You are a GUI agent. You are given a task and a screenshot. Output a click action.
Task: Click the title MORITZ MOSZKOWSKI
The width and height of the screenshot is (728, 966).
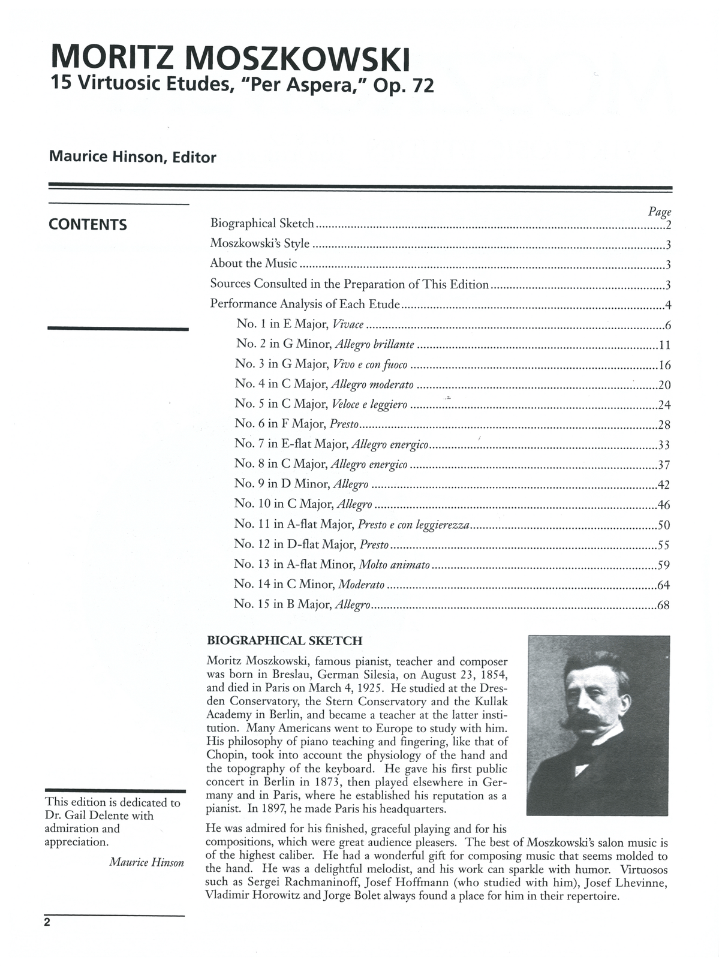(x=231, y=59)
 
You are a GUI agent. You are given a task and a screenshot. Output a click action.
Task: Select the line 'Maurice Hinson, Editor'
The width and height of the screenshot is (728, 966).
(x=133, y=158)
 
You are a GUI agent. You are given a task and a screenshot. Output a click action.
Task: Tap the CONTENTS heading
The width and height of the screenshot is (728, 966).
(x=88, y=225)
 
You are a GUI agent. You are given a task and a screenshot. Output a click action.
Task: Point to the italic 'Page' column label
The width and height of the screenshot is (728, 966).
(x=660, y=211)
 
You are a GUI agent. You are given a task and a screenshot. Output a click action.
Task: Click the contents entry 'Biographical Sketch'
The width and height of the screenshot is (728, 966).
(x=262, y=224)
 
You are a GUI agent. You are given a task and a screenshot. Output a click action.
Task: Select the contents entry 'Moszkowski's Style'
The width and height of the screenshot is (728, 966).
(x=260, y=243)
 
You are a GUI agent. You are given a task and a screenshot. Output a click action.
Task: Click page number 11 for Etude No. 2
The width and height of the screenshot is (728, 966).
(x=664, y=345)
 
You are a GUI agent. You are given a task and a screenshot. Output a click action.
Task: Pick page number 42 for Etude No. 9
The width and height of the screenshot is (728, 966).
(x=663, y=485)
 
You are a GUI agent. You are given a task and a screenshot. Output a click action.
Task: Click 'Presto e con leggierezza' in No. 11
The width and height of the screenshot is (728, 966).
(x=413, y=525)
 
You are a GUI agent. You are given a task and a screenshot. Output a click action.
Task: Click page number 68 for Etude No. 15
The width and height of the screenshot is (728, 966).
(x=663, y=605)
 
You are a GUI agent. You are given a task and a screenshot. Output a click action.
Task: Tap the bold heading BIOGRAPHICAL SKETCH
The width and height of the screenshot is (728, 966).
(x=284, y=641)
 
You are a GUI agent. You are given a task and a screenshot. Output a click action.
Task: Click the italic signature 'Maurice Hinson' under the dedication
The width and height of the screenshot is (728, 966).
(x=147, y=862)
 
